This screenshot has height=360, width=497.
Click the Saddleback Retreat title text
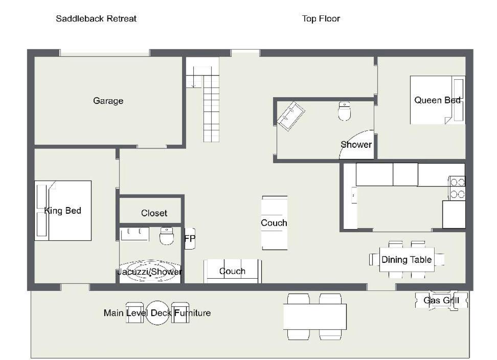96,19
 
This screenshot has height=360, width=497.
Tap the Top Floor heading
321,19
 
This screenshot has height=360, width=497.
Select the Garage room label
108,101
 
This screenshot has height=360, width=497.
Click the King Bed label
63,210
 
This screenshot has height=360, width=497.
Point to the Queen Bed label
437,100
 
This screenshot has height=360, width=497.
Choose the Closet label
154,213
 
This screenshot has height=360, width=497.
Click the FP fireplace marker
190,238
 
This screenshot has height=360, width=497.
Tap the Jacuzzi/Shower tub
150,271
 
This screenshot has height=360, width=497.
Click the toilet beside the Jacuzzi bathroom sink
166,236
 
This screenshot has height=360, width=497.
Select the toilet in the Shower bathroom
344,111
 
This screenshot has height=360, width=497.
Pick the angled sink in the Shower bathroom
290,116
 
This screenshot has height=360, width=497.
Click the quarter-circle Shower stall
356,145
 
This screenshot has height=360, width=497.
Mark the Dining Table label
406,260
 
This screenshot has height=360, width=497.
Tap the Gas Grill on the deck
441,300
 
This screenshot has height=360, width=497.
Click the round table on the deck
157,313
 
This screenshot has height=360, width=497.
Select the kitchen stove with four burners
457,188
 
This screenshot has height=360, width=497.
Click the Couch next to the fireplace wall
232,271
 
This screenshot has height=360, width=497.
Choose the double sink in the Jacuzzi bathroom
134,234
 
